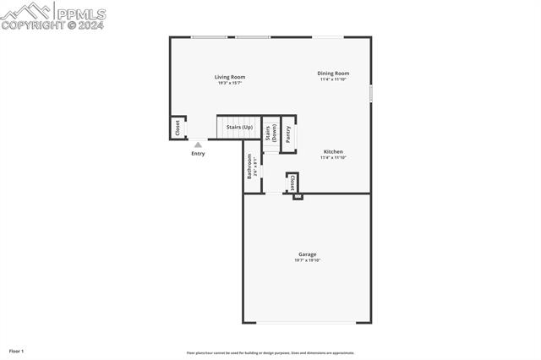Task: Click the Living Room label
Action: [230, 77]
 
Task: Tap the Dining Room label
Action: [333, 74]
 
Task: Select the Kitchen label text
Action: [333, 152]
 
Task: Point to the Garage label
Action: [307, 254]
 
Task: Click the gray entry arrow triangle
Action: [198, 145]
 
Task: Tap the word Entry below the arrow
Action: [198, 154]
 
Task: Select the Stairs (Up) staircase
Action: [238, 128]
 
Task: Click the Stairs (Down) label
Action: [270, 133]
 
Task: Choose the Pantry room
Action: [288, 134]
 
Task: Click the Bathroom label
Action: [249, 166]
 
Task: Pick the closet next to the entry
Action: [178, 128]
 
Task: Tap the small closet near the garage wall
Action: [292, 183]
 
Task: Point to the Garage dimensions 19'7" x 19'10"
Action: [307, 260]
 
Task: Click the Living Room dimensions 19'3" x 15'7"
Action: [230, 83]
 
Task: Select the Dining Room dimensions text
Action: [333, 79]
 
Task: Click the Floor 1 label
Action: [17, 350]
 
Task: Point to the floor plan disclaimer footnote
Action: [270, 353]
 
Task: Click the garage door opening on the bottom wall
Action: [306, 323]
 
